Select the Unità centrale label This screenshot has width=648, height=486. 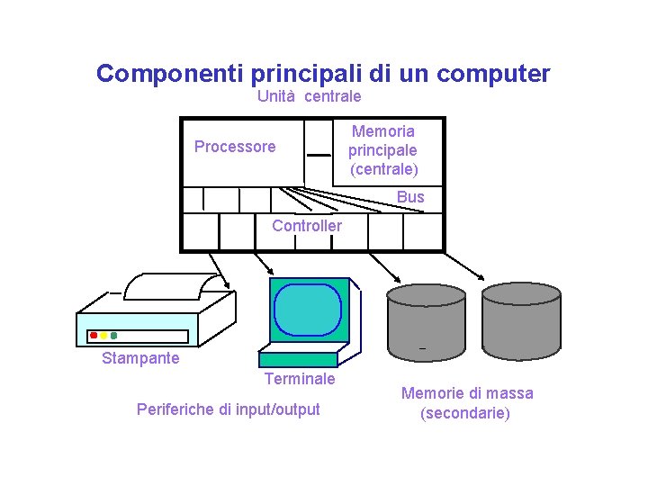[x=309, y=96]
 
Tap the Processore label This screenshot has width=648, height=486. [x=235, y=147]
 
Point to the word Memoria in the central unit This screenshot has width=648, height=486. [x=383, y=131]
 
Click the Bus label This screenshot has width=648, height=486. [x=410, y=197]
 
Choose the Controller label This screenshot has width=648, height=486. [x=307, y=226]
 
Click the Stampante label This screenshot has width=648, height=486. [x=140, y=358]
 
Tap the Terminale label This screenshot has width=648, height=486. [x=300, y=379]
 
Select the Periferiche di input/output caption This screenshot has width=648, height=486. [x=228, y=409]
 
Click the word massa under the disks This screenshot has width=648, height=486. [x=509, y=393]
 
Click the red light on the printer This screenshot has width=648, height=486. [x=94, y=336]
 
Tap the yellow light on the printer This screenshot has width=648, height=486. [x=103, y=336]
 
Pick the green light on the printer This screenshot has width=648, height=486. [x=113, y=336]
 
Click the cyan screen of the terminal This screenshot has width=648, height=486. [x=308, y=308]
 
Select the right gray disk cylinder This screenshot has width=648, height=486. [x=521, y=322]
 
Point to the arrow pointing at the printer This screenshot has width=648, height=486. [x=220, y=271]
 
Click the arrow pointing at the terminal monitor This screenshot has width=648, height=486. [x=266, y=262]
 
